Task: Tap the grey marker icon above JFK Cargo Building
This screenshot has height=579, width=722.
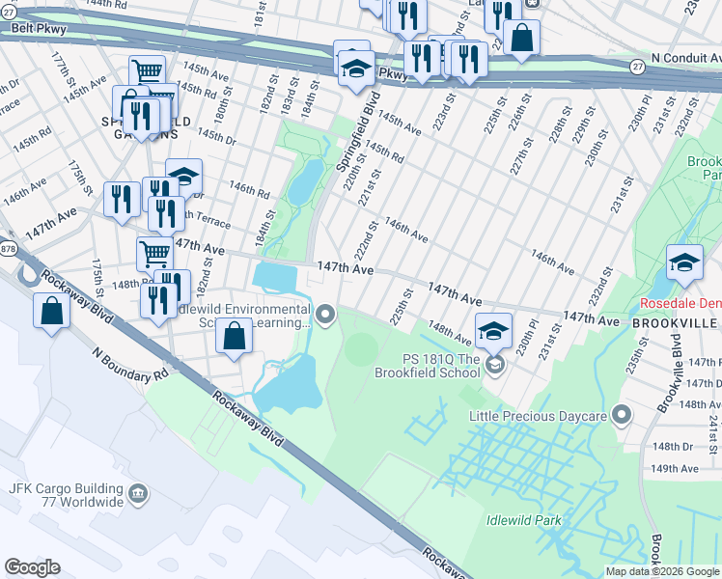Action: pyautogui.click(x=139, y=495)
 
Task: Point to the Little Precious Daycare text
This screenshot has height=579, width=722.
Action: pyautogui.click(x=538, y=416)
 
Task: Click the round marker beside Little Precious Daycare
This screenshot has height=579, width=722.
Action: pyautogui.click(x=622, y=416)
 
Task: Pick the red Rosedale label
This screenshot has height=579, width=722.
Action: pyautogui.click(x=680, y=303)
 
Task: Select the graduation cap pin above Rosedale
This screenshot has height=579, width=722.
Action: pyautogui.click(x=683, y=262)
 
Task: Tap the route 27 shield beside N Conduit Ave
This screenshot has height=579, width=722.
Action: pyautogui.click(x=637, y=67)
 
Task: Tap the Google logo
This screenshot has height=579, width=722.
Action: pyautogui.click(x=32, y=567)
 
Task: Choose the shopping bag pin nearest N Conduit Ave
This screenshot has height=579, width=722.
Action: pyautogui.click(x=521, y=39)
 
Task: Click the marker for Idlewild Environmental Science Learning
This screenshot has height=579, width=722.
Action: pyautogui.click(x=326, y=314)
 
